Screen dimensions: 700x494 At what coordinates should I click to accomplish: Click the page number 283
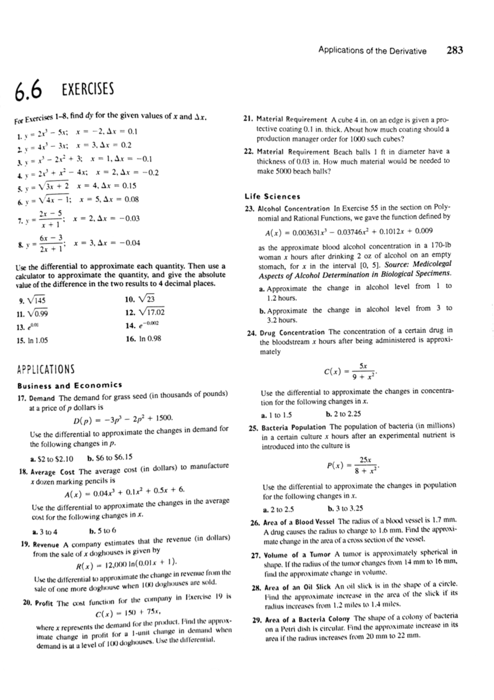pos(454,50)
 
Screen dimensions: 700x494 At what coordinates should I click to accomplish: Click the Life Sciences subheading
pos(273,197)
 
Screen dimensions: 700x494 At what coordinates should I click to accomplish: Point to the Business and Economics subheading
pos(70,385)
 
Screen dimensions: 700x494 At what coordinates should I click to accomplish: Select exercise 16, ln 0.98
pos(143,339)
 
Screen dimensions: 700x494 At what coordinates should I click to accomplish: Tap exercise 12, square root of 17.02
pos(144,312)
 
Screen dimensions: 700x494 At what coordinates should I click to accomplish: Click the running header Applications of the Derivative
pos(372,51)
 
